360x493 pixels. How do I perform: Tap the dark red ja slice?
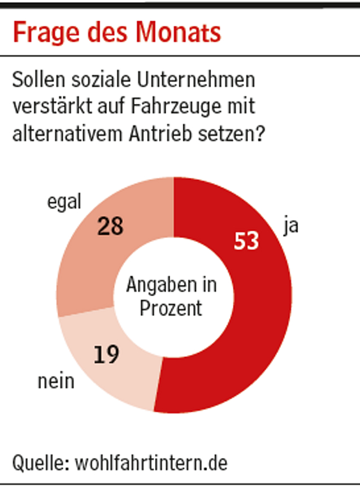click(266, 317)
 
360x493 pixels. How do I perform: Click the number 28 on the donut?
click(110, 226)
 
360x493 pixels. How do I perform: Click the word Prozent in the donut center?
click(172, 308)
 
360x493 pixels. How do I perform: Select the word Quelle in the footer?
click(36, 463)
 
